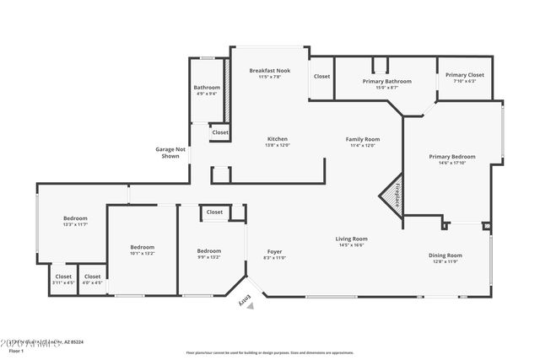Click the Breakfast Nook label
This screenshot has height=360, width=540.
(271, 71)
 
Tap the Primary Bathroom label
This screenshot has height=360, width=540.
(386, 81)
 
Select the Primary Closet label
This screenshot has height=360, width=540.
(464, 75)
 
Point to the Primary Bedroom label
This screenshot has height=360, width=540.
(451, 157)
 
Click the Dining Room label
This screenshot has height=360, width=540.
(444, 255)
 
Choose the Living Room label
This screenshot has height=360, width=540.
(353, 239)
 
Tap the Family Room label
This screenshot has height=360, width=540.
(363, 139)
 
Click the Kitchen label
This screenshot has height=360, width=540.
(278, 139)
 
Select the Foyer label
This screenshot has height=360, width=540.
(275, 251)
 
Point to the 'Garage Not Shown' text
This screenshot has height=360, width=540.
(170, 153)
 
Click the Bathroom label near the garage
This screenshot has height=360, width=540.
(207, 88)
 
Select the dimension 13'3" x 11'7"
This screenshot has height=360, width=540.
(75, 225)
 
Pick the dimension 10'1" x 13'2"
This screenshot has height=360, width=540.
(142, 253)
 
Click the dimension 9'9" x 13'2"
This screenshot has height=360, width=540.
(208, 257)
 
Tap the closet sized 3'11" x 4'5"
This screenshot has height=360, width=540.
(63, 283)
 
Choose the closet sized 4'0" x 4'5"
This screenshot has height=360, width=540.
(92, 283)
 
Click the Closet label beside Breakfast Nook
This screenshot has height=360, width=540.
(321, 76)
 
